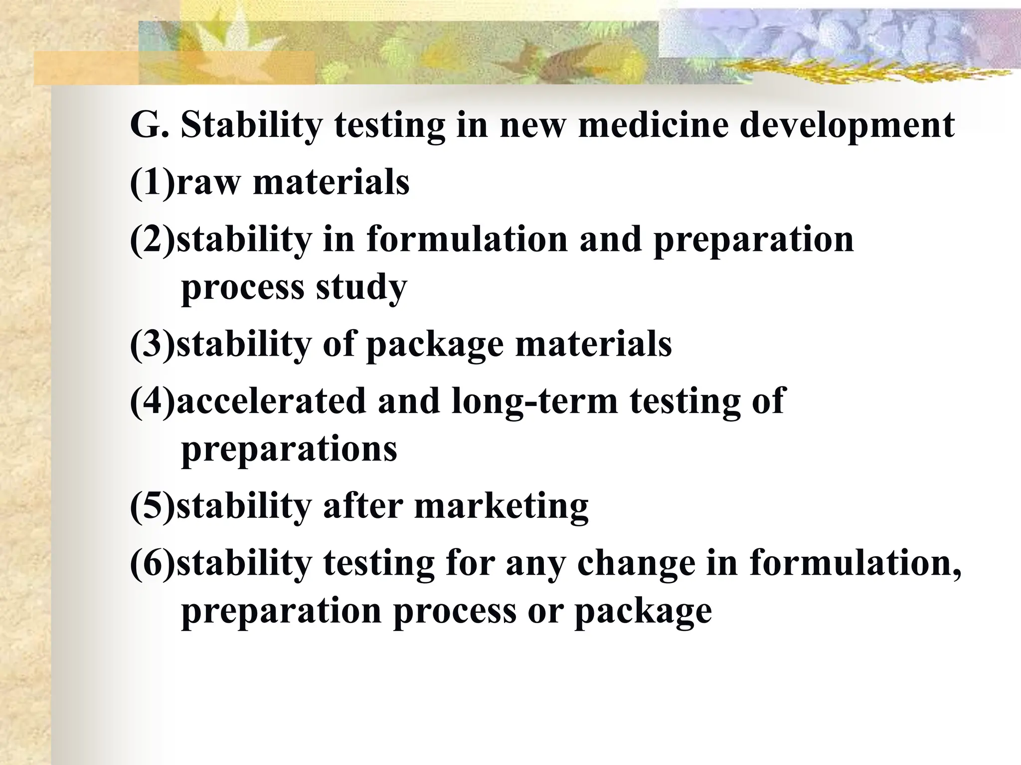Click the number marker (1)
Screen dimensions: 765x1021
point(153,182)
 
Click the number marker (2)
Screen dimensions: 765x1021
point(153,240)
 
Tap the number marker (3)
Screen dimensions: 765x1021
point(153,345)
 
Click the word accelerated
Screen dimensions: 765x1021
point(271,400)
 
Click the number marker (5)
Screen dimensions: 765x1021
point(153,507)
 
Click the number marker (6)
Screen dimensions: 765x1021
point(153,563)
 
